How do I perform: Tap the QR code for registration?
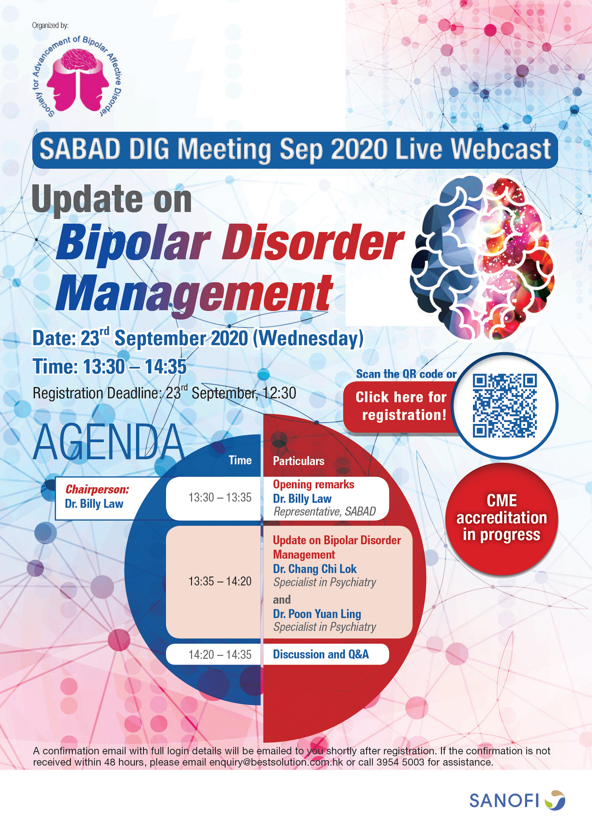point(505,406)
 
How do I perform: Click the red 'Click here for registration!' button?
point(401,406)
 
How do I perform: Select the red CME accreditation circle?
point(502,518)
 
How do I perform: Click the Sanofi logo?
point(517,800)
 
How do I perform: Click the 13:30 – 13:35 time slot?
point(220,498)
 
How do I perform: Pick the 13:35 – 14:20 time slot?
point(220,581)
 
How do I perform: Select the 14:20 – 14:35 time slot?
point(220,654)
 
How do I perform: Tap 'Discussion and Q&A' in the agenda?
point(321,654)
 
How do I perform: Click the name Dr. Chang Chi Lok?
point(315,569)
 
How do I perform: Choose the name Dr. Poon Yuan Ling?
point(317,614)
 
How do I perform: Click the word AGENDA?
point(109,442)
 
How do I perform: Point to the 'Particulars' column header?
point(299,461)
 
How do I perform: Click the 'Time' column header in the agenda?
point(240,460)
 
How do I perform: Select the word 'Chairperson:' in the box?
point(97,489)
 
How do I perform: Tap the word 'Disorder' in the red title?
point(313,242)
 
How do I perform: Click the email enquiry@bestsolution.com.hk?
point(276,762)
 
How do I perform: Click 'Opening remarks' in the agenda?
point(313,484)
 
